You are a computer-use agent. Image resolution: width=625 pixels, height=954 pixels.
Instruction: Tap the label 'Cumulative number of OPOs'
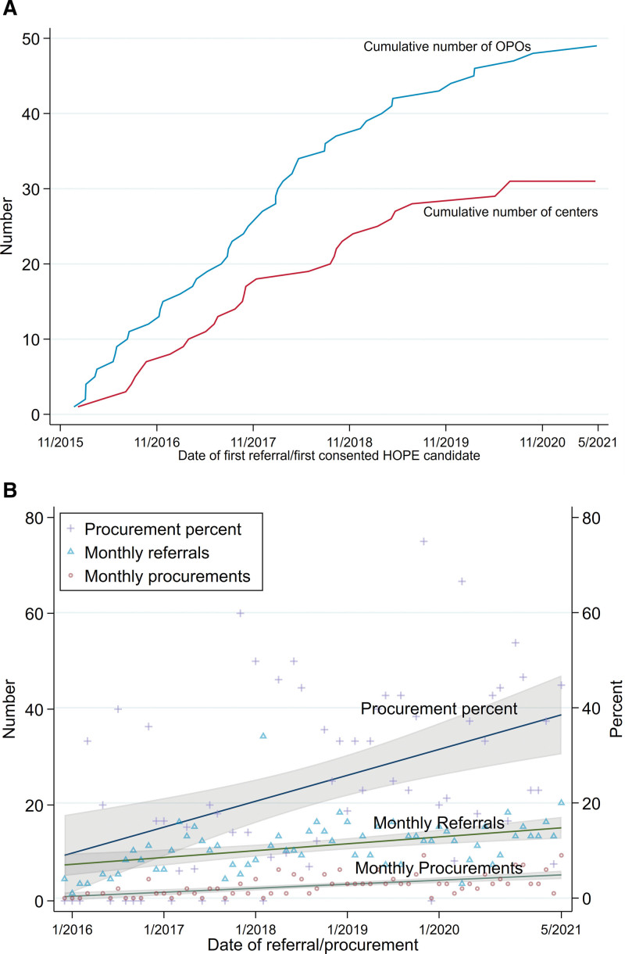point(447,47)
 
